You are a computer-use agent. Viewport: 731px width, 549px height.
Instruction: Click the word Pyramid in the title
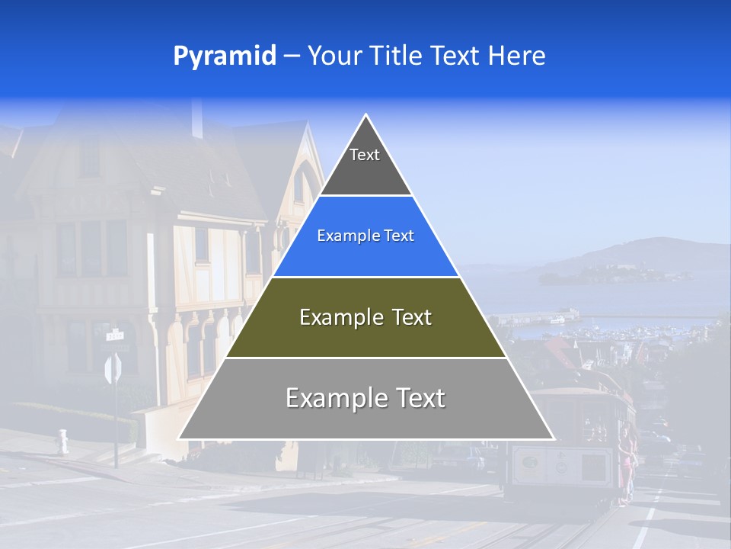(225, 56)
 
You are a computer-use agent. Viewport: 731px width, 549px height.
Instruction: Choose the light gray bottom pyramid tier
(365, 416)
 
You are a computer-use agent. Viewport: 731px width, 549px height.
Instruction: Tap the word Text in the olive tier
(407, 318)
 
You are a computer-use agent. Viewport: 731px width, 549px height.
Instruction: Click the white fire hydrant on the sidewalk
(62, 441)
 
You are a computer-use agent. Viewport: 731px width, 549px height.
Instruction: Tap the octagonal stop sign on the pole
(113, 369)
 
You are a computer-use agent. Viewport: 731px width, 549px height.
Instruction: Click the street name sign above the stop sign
(115, 334)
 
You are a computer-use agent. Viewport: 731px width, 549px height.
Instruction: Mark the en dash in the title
(291, 56)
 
